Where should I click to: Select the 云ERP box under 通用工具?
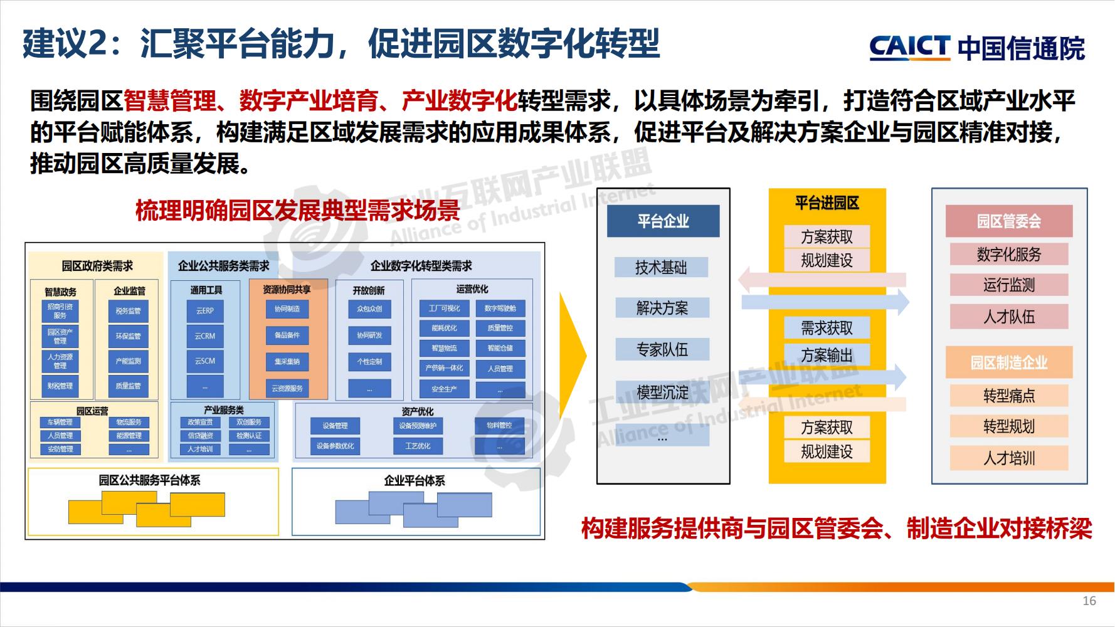click(205, 311)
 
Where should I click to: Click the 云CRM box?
click(205, 336)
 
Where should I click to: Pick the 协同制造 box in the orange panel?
click(287, 309)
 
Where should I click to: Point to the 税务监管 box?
click(129, 311)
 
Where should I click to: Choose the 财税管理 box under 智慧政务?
click(60, 386)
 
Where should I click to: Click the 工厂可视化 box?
click(444, 308)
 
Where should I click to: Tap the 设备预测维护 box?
click(418, 426)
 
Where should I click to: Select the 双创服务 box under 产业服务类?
click(249, 423)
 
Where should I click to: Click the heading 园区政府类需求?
click(97, 266)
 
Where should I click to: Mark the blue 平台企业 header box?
click(663, 221)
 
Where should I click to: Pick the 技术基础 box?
click(661, 268)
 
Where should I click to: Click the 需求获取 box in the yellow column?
click(827, 328)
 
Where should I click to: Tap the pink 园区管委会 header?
click(1008, 221)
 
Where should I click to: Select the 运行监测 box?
click(1008, 285)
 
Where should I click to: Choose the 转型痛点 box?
click(1008, 396)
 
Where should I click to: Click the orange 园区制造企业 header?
click(1008, 362)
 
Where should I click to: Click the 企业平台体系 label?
click(415, 481)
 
